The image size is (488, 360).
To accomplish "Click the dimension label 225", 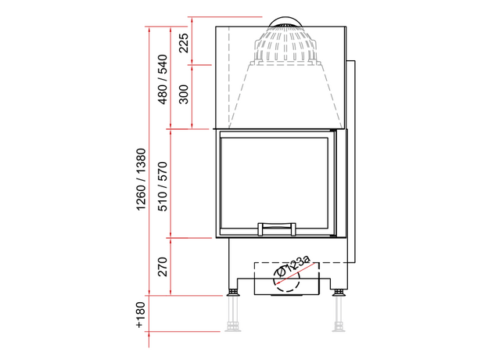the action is [x=185, y=43].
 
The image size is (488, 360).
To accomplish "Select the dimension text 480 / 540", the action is [x=163, y=79].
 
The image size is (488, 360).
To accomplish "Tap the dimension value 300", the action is [x=185, y=95].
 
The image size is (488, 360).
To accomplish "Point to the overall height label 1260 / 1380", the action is [x=141, y=180].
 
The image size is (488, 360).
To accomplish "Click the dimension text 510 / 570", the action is [x=163, y=186].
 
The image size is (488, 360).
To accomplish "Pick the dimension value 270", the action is [x=163, y=267].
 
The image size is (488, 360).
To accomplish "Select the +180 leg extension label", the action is [x=141, y=315].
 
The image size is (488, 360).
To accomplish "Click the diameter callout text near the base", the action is [x=293, y=266].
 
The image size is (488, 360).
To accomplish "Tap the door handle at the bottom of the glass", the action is [x=277, y=229].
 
